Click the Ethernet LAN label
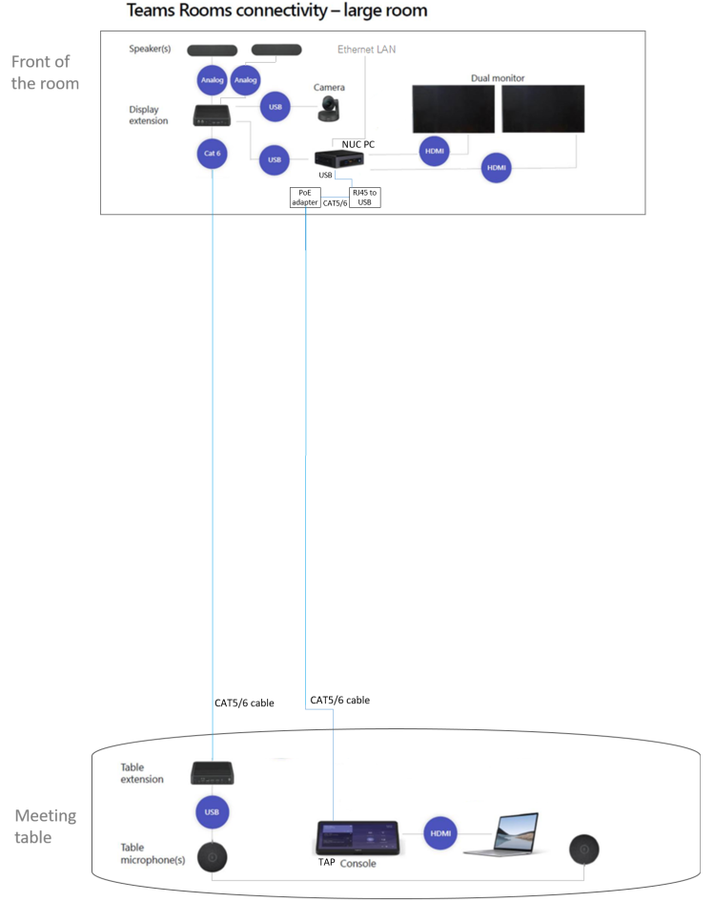pos(367,49)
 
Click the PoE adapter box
pos(306,197)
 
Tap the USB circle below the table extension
pos(213,813)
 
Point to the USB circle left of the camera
pos(276,107)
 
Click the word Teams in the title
pos(157,12)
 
